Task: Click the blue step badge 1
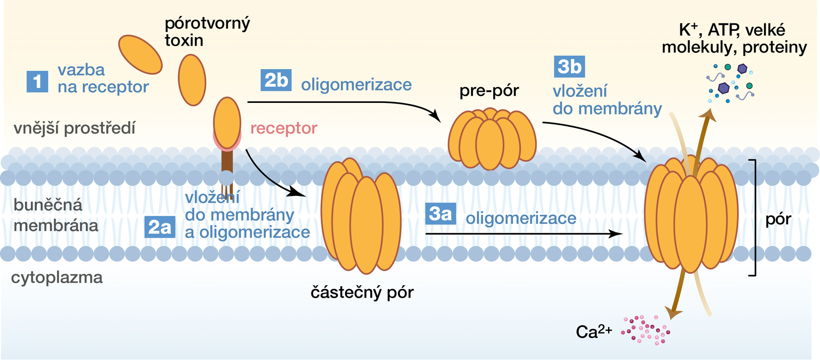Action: pyautogui.click(x=37, y=81)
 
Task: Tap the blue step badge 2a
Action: pyautogui.click(x=160, y=227)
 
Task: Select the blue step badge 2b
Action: pyautogui.click(x=276, y=80)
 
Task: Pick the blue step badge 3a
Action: pyautogui.click(x=440, y=214)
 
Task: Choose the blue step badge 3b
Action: pyautogui.click(x=569, y=67)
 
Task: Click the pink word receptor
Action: pyautogui.click(x=284, y=128)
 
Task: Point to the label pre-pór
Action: pyautogui.click(x=489, y=91)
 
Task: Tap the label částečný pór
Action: pyautogui.click(x=362, y=293)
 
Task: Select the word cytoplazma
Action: pyautogui.click(x=57, y=278)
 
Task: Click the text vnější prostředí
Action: pyautogui.click(x=74, y=128)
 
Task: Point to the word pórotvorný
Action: pyautogui.click(x=207, y=23)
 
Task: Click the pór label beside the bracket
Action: pyautogui.click(x=778, y=219)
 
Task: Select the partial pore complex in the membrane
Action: pyautogui.click(x=361, y=216)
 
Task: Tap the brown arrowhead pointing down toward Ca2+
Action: pyautogui.click(x=674, y=313)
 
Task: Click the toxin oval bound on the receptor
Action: pyautogui.click(x=227, y=123)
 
